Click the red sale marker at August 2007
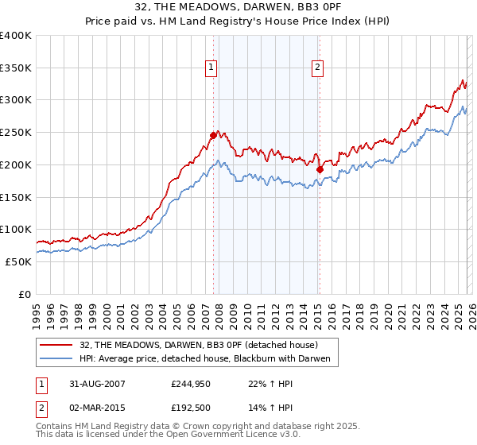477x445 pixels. pyautogui.click(x=213, y=135)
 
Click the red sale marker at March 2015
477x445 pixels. pyautogui.click(x=319, y=169)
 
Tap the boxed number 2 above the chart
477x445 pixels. pyautogui.click(x=317, y=68)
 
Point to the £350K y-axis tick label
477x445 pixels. pyautogui.click(x=16, y=68)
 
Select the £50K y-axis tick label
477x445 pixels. pyautogui.click(x=18, y=261)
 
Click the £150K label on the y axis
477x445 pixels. pyautogui.click(x=16, y=197)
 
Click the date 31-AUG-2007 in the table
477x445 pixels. pyautogui.click(x=98, y=383)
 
